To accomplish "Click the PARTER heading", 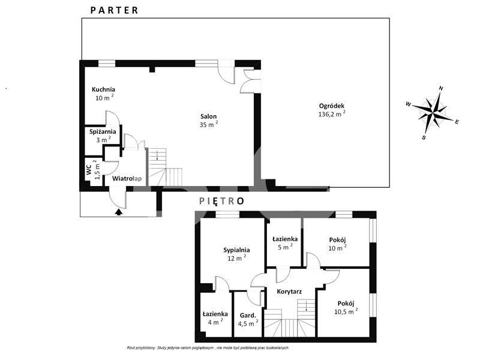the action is (x=114, y=10).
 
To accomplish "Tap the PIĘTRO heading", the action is (x=222, y=201).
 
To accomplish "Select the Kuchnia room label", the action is (x=103, y=89).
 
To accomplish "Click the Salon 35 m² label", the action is (x=208, y=121).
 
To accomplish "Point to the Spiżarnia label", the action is (x=103, y=131).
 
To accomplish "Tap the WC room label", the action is (x=89, y=170).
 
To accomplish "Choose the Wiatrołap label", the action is (x=127, y=178).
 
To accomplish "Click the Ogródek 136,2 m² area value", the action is (x=332, y=114).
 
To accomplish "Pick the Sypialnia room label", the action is (x=236, y=250).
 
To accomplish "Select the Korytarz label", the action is (x=289, y=292).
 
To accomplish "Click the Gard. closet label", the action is (x=248, y=316).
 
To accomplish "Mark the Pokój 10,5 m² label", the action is (x=346, y=307).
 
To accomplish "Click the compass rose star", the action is (x=432, y=112).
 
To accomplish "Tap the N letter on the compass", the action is (x=441, y=88).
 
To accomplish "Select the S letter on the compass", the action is (x=424, y=137).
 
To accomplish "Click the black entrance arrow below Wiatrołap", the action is (x=119, y=212).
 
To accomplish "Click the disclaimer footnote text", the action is (x=208, y=348).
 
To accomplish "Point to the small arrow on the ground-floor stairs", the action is (x=157, y=155).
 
